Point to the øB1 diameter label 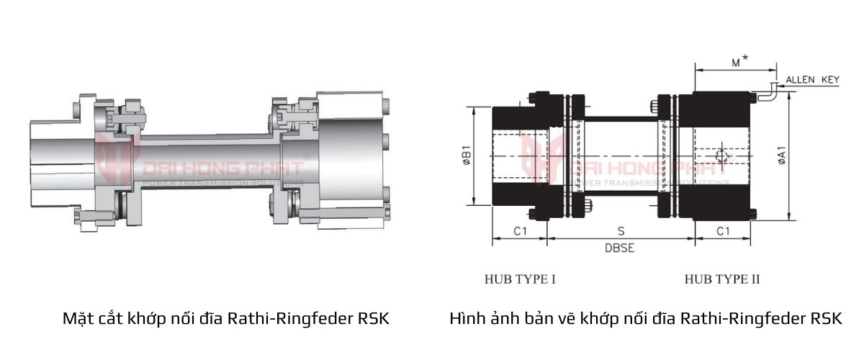click(466, 158)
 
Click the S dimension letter click(621, 231)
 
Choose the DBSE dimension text click(618, 248)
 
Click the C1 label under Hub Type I click(521, 231)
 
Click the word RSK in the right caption click(826, 318)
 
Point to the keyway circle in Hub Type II click(723, 158)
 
